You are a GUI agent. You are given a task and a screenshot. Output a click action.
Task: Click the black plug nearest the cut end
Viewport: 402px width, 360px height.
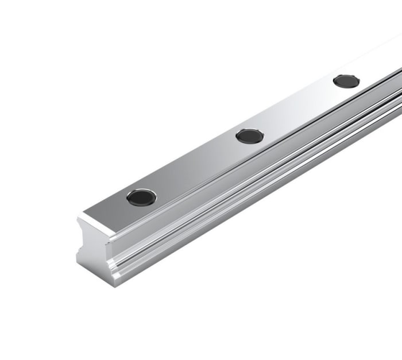coord(141,198)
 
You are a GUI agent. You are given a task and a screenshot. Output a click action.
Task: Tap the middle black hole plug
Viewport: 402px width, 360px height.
coord(250,136)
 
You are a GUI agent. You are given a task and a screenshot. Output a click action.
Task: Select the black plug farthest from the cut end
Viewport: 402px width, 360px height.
coord(346,81)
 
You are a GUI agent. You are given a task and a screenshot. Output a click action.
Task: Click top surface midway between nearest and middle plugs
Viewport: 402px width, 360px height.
coord(195,167)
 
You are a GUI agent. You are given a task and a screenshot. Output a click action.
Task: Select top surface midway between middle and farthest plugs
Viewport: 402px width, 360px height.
coord(297,109)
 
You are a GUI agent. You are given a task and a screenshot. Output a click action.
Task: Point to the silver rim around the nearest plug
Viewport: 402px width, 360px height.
coord(141,190)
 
